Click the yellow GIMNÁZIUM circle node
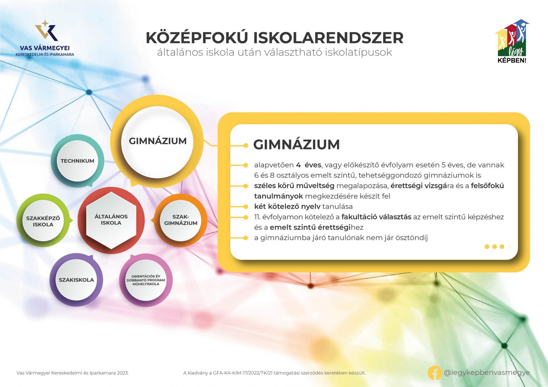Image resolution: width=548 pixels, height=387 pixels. [x=157, y=141]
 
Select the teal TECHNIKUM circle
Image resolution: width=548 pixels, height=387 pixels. [x=77, y=161]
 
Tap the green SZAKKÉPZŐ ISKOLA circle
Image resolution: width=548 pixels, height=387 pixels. [x=43, y=220]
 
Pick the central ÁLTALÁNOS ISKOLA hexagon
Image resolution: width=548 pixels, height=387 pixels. [x=111, y=220]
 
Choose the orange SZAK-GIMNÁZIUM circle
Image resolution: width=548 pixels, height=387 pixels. [x=181, y=220]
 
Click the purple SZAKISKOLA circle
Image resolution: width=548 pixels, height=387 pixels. [x=76, y=280]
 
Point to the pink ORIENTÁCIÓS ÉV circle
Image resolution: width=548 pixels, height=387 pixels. [x=146, y=280]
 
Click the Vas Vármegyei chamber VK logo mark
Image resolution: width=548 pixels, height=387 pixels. [x=47, y=30]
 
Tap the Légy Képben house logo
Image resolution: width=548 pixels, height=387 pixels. [x=512, y=41]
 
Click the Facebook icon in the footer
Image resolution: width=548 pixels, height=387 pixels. [x=435, y=373]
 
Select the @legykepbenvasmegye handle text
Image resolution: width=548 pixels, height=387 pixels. [x=487, y=373]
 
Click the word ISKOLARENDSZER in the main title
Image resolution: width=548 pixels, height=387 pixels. [x=328, y=38]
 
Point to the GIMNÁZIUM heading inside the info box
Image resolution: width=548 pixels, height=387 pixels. [x=297, y=144]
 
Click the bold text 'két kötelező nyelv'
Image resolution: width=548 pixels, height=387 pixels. [x=287, y=207]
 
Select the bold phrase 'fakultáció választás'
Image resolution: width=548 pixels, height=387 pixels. [x=376, y=217]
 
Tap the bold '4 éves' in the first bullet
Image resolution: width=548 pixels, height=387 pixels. [x=309, y=165]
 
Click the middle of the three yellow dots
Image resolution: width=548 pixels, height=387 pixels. [x=495, y=247]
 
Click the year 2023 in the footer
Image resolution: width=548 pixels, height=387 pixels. [x=123, y=373]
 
